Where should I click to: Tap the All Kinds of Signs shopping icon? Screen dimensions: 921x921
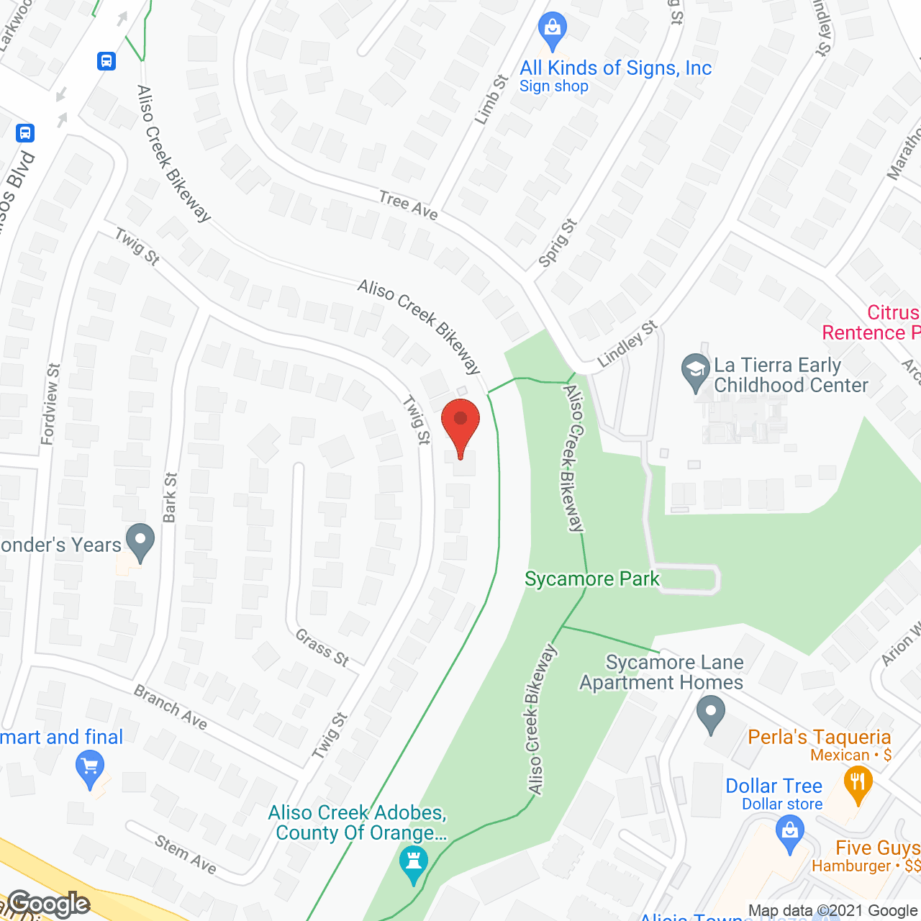pos(553,31)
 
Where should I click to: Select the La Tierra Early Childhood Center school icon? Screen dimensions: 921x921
pos(695,372)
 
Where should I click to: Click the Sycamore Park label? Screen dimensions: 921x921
pos(592,579)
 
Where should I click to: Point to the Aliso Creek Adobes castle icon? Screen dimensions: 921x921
pos(414,863)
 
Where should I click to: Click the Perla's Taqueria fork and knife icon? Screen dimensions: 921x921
pos(857,783)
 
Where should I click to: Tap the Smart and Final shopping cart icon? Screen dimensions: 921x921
pos(90,768)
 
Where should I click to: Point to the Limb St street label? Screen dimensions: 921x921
pos(491,99)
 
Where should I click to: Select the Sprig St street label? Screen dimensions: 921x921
pos(558,242)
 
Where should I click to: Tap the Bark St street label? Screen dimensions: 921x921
pos(170,497)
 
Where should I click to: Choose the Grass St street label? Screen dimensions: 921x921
pos(322,647)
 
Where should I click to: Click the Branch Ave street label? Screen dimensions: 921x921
pos(171,707)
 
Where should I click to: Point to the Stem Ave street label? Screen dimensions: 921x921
pos(186,853)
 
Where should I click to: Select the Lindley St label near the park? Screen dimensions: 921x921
pos(628,344)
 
